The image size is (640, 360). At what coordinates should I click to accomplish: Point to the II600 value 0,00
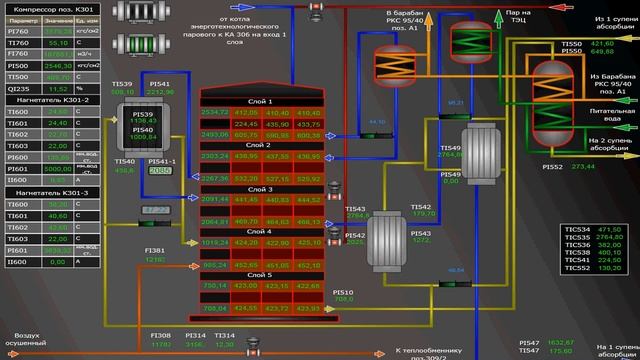point(57,261)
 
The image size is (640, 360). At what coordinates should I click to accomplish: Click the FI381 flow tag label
point(155,250)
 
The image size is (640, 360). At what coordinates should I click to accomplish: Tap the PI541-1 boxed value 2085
point(160,171)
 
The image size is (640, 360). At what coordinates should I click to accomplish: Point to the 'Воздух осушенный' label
point(29,341)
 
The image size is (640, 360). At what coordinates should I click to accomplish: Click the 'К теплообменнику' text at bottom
point(429,351)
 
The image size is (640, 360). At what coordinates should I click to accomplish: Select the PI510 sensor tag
point(343,291)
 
